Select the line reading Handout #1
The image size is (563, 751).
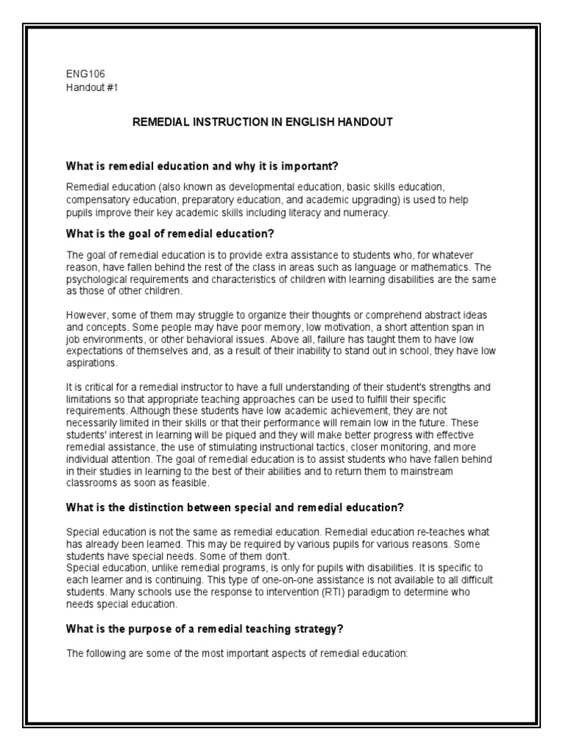(x=92, y=87)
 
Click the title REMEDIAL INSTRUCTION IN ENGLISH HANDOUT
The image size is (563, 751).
(x=262, y=122)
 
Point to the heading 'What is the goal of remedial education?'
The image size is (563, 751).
(x=170, y=234)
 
